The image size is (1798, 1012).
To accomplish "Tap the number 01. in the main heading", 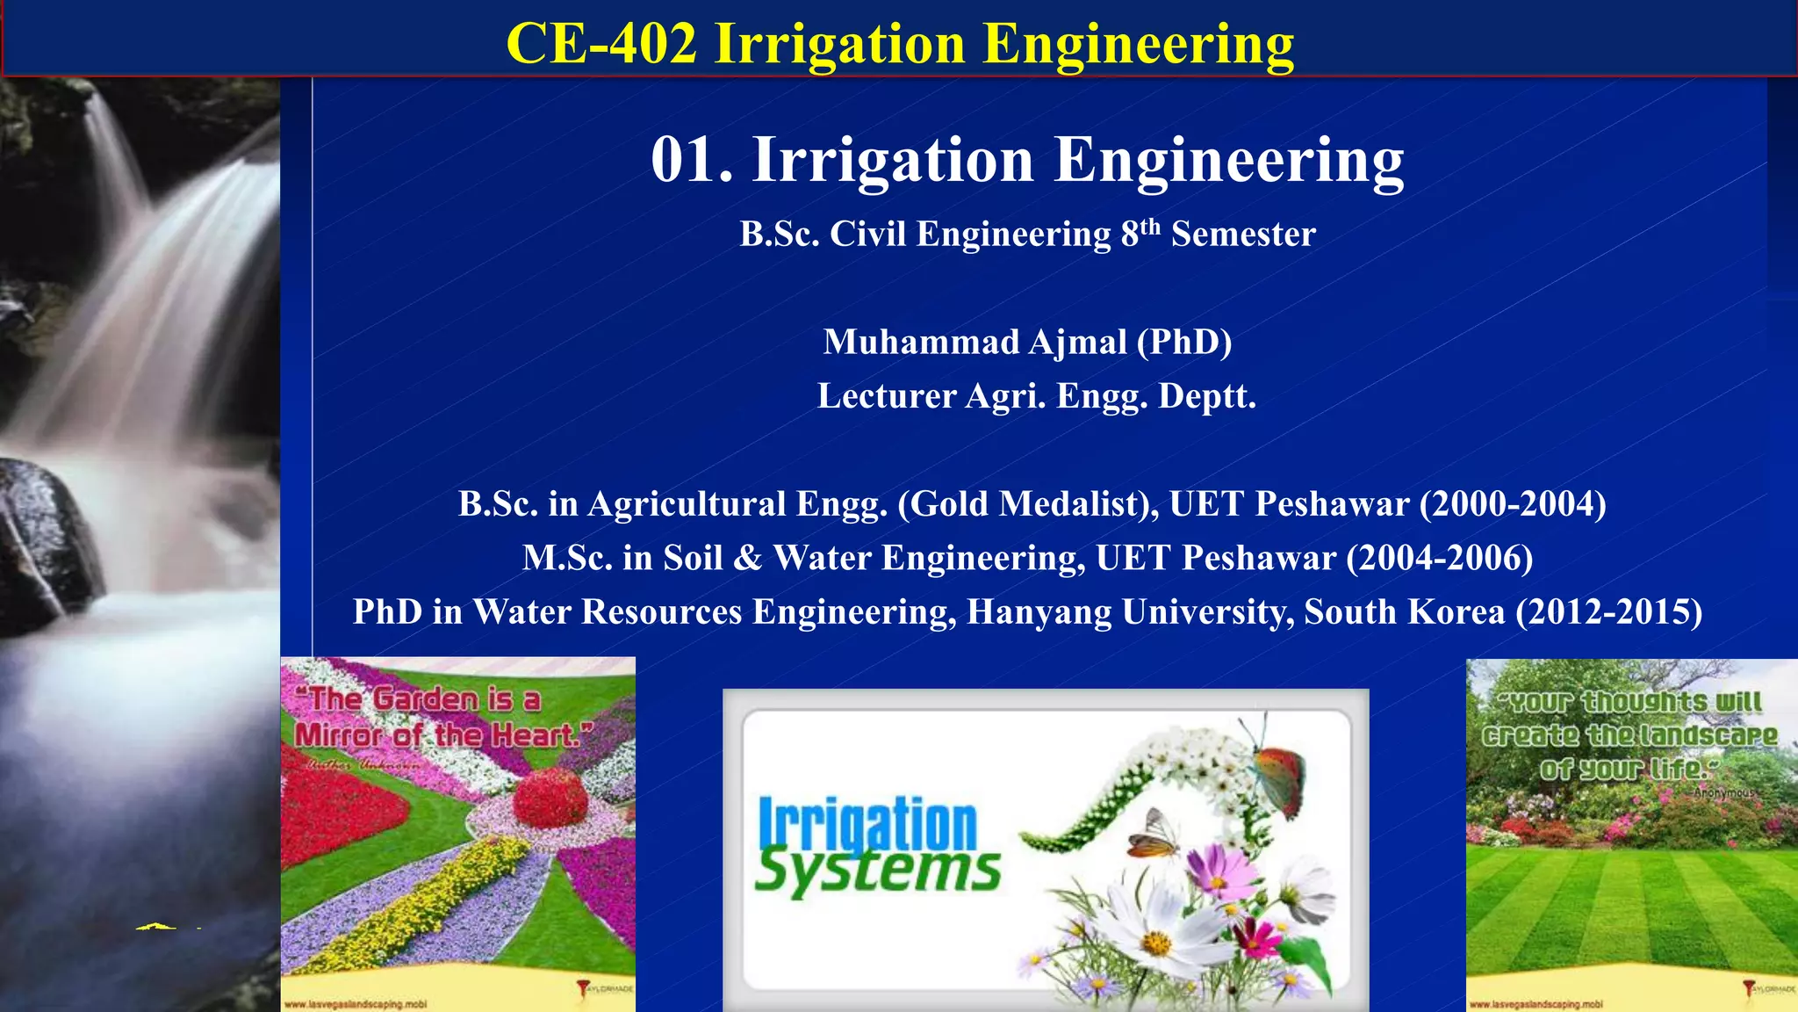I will pos(692,161).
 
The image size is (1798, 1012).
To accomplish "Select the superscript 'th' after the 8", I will pos(1150,226).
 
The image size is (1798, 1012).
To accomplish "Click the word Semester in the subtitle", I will pos(1243,235).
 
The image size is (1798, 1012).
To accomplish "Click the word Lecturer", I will pos(887,396).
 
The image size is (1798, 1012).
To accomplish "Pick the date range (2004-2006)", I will pos(1440,558).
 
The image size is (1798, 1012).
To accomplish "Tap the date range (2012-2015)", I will pos(1608,611).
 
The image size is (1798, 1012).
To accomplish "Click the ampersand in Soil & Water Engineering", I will pos(747,558).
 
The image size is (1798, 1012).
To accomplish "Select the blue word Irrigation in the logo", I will pos(867,823).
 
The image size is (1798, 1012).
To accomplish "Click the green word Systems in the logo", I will pos(877,871).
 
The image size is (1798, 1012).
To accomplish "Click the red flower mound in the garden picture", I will pos(550,798).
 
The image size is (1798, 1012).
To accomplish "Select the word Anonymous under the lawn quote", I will pos(1723,792).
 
